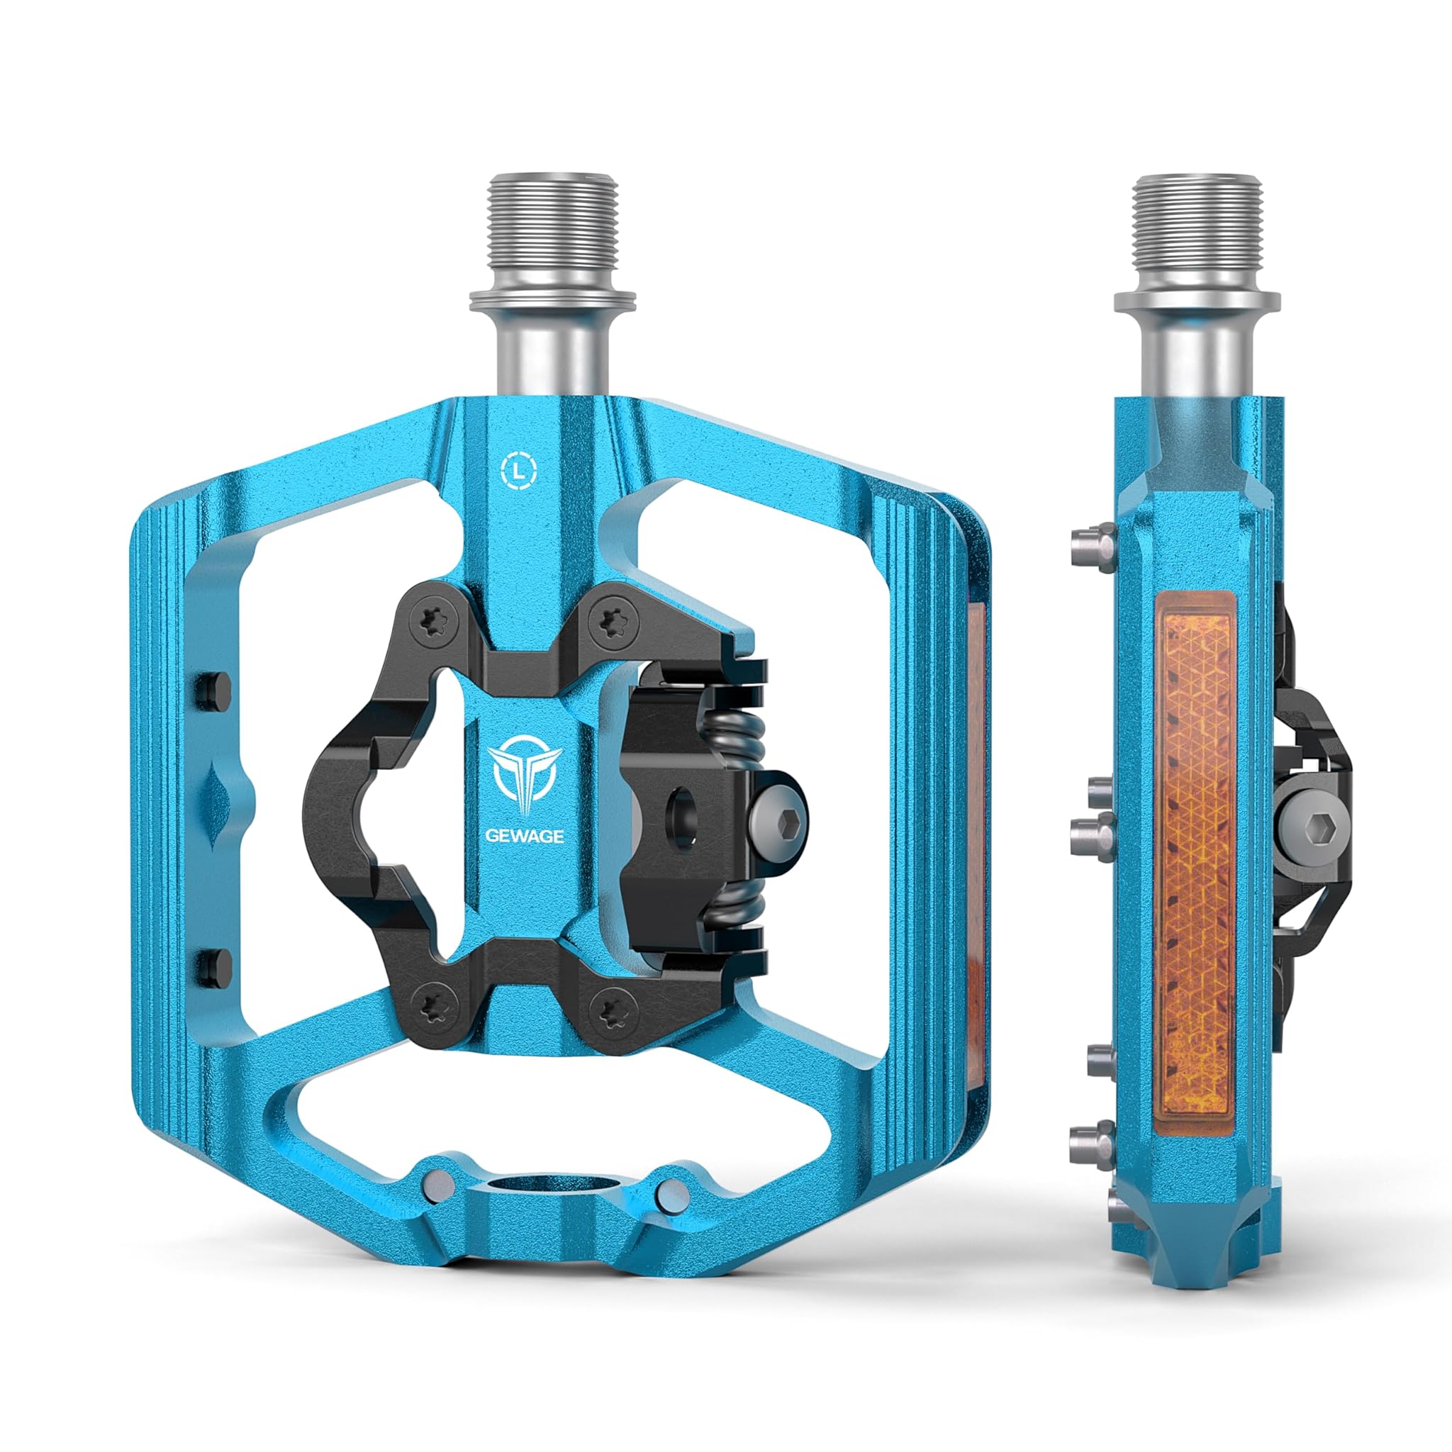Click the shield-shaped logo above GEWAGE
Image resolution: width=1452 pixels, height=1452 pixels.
pos(525,778)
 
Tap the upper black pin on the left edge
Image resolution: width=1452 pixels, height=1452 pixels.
pos(212,690)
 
